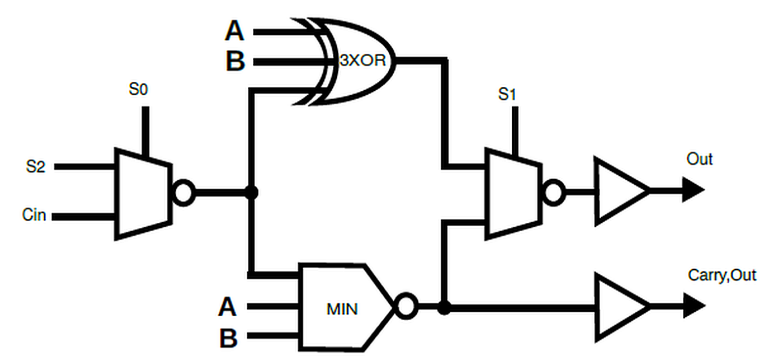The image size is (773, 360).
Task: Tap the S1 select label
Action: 508,94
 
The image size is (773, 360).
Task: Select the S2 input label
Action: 35,167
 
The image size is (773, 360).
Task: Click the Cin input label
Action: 33,215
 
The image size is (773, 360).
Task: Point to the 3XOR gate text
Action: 362,61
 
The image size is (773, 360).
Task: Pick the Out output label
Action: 700,158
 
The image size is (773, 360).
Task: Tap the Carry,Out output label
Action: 722,276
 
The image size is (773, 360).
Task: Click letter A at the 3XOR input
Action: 235,30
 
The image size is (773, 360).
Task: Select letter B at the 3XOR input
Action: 235,62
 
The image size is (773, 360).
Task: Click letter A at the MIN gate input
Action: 226,307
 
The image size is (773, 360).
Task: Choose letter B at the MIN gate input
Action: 226,337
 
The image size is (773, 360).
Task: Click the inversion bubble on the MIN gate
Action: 406,307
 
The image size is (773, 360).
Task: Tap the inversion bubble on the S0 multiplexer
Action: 184,193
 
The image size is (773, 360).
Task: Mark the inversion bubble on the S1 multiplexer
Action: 554,192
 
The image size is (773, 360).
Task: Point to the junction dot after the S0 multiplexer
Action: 252,193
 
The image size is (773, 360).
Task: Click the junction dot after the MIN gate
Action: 443,308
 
